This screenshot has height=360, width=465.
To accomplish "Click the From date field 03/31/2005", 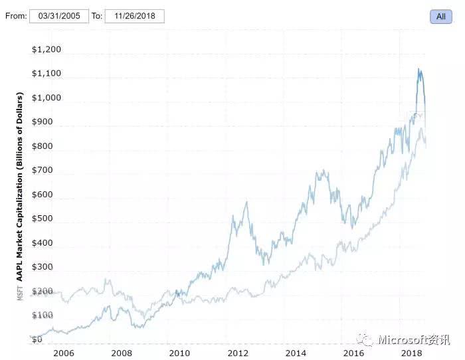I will tap(58, 16).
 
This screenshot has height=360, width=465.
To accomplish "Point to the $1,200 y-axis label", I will tap(46, 49).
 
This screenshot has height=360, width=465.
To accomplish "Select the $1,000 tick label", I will tap(46, 98).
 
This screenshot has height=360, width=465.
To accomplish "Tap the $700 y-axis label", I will tap(42, 170).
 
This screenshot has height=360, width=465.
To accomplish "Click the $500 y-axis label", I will tap(42, 219).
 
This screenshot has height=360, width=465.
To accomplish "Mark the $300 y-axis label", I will tap(42, 266).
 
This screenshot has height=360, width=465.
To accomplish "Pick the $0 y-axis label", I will tap(37, 339).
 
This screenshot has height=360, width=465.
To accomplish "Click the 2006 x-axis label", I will tap(63, 353).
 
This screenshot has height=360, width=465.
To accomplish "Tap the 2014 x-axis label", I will tap(296, 353).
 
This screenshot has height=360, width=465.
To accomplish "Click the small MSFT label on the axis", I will tap(20, 293).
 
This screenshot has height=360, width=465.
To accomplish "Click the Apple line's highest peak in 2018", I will tap(418, 69).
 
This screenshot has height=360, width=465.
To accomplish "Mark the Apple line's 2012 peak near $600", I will tap(247, 202).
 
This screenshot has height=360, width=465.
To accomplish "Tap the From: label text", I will tap(15, 16).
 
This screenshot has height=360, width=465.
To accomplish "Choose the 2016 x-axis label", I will tap(354, 353).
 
